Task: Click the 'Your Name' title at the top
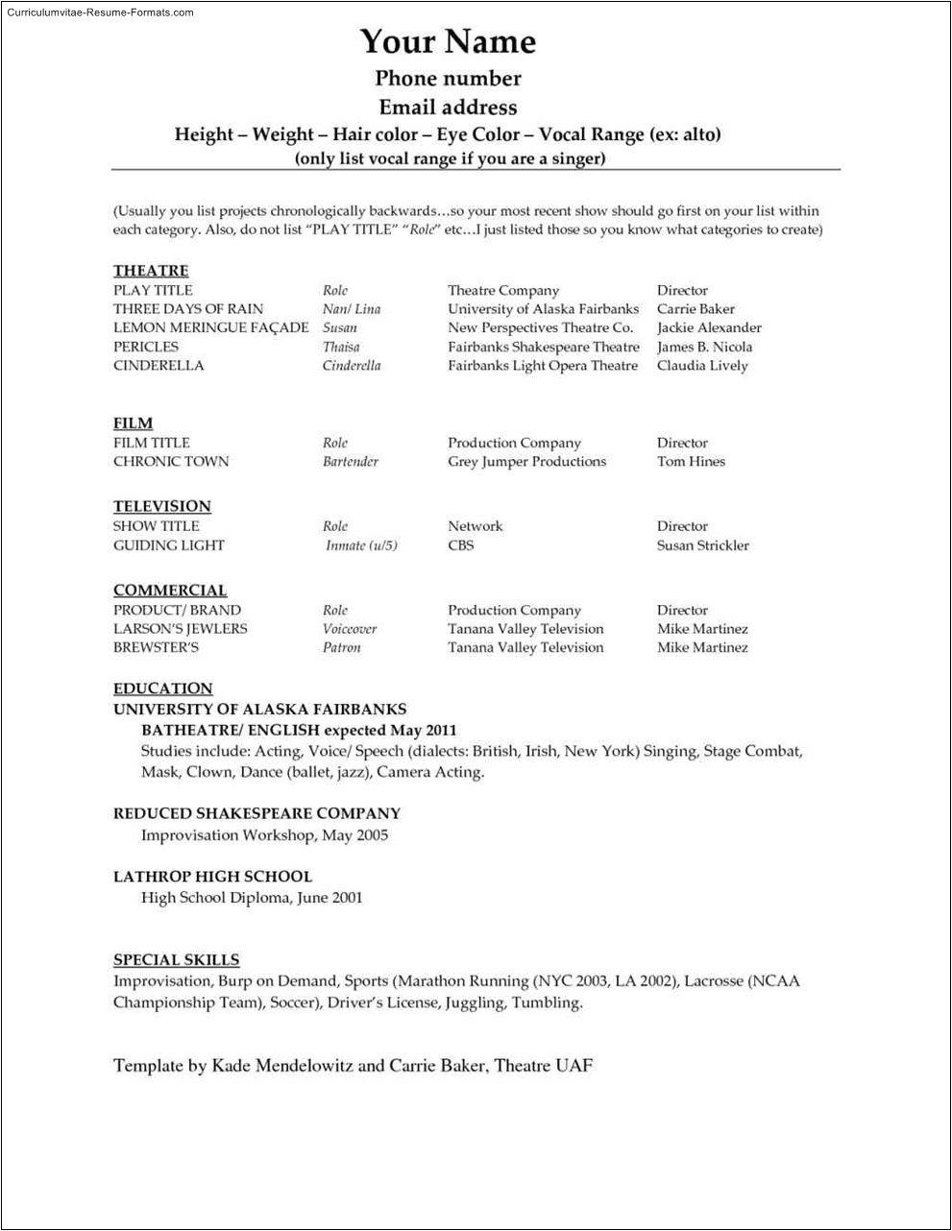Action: tap(448, 41)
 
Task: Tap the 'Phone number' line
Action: tap(448, 79)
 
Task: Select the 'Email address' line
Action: tap(448, 108)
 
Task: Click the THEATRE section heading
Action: tap(151, 271)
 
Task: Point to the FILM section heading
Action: tap(133, 423)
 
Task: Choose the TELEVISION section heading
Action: tap(161, 506)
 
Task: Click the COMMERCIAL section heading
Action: tap(170, 591)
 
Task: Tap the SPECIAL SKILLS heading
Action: tap(176, 959)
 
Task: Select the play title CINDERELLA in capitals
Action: tap(159, 366)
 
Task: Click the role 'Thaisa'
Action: tap(341, 347)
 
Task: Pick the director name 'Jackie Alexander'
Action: tap(709, 327)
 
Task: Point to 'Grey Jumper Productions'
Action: tap(526, 462)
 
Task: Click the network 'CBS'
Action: tap(460, 545)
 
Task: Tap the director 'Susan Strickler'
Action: tap(702, 545)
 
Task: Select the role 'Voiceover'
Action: tap(350, 629)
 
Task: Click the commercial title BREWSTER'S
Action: tap(156, 648)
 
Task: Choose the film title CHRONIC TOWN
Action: tap(171, 462)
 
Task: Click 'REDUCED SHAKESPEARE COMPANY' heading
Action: tap(256, 813)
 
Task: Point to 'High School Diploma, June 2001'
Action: tap(252, 898)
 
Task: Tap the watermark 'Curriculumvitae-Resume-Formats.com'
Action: tap(100, 12)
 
